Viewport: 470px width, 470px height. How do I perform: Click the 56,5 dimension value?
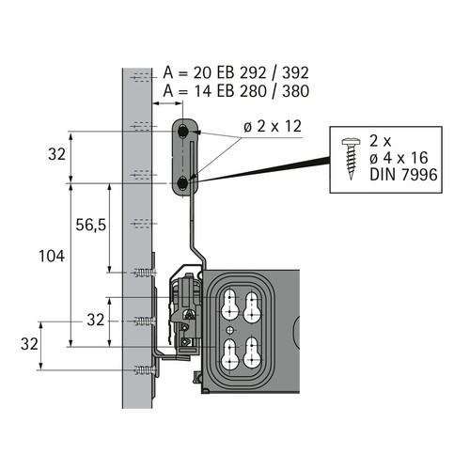91,225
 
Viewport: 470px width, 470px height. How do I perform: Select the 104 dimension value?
52,256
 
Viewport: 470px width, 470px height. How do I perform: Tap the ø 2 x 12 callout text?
273,126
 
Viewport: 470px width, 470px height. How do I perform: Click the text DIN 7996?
403,175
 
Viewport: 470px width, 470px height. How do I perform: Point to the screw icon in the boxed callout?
351,159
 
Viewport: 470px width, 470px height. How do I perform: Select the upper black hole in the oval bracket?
182,132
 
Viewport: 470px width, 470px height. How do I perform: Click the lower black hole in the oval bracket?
182,183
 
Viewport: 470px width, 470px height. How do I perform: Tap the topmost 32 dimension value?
57,154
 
